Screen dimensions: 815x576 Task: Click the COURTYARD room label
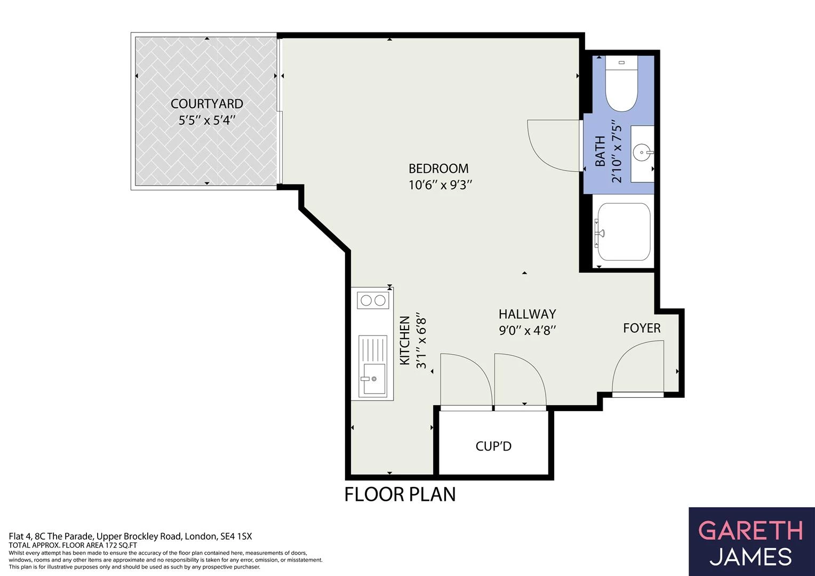[206, 104]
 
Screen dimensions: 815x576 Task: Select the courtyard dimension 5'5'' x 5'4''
[206, 120]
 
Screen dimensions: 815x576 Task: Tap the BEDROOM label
[438, 169]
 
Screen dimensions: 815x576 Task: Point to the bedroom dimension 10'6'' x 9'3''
[440, 185]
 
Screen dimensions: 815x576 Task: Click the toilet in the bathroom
[621, 84]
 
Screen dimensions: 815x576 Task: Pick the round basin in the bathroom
[642, 153]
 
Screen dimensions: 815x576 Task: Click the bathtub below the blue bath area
[624, 232]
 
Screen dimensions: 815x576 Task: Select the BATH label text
[601, 151]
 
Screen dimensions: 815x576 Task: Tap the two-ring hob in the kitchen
[373, 301]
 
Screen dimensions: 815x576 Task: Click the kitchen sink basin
[372, 379]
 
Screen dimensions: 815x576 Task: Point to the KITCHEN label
[405, 341]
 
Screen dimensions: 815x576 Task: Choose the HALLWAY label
[527, 314]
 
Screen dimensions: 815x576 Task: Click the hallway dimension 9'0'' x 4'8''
[527, 330]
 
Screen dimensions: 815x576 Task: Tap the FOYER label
[642, 328]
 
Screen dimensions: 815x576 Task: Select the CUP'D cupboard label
[493, 446]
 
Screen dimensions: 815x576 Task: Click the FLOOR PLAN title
[400, 494]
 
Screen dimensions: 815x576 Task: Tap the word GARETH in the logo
[751, 531]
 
